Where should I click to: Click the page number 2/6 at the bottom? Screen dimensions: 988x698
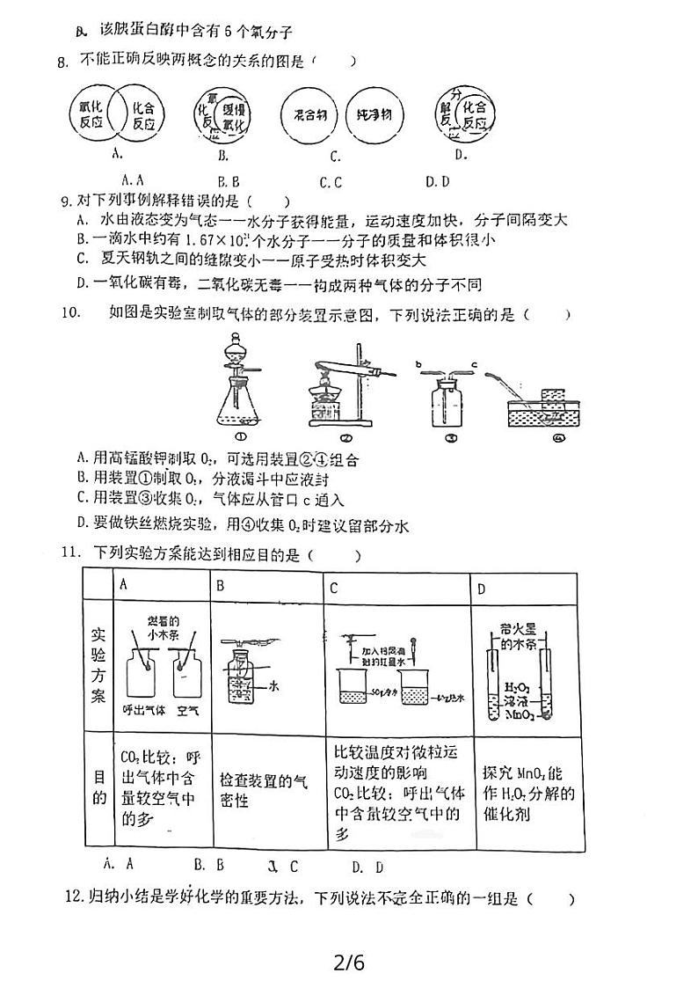click(x=348, y=962)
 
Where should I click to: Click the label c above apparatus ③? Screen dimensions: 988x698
click(x=474, y=362)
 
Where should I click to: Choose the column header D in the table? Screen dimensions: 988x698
click(x=481, y=587)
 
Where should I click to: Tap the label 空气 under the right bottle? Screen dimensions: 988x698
click(x=187, y=710)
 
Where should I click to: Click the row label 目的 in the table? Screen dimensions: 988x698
click(x=99, y=788)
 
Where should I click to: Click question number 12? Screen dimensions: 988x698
click(x=74, y=898)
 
